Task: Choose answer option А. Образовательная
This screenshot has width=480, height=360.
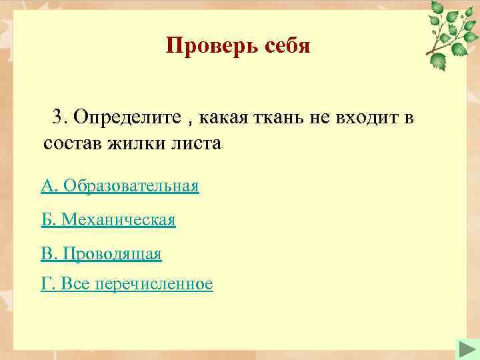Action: point(120,185)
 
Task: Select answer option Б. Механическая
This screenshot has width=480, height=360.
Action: point(109,219)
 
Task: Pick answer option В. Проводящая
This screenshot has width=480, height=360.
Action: point(101,253)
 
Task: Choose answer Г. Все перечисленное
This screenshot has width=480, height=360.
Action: point(127,285)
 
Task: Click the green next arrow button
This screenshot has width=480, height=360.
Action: point(465,349)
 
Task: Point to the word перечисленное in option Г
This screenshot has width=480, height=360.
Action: point(154,285)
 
